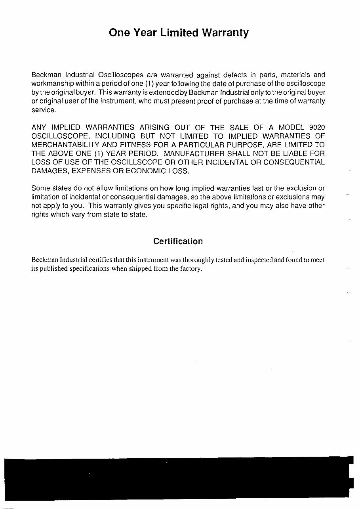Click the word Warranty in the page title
[x=225, y=33]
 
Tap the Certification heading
[x=178, y=241]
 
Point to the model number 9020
[x=316, y=127]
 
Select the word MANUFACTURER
[x=190, y=153]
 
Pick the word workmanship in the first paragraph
[x=49, y=84]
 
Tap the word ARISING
[x=154, y=127]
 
